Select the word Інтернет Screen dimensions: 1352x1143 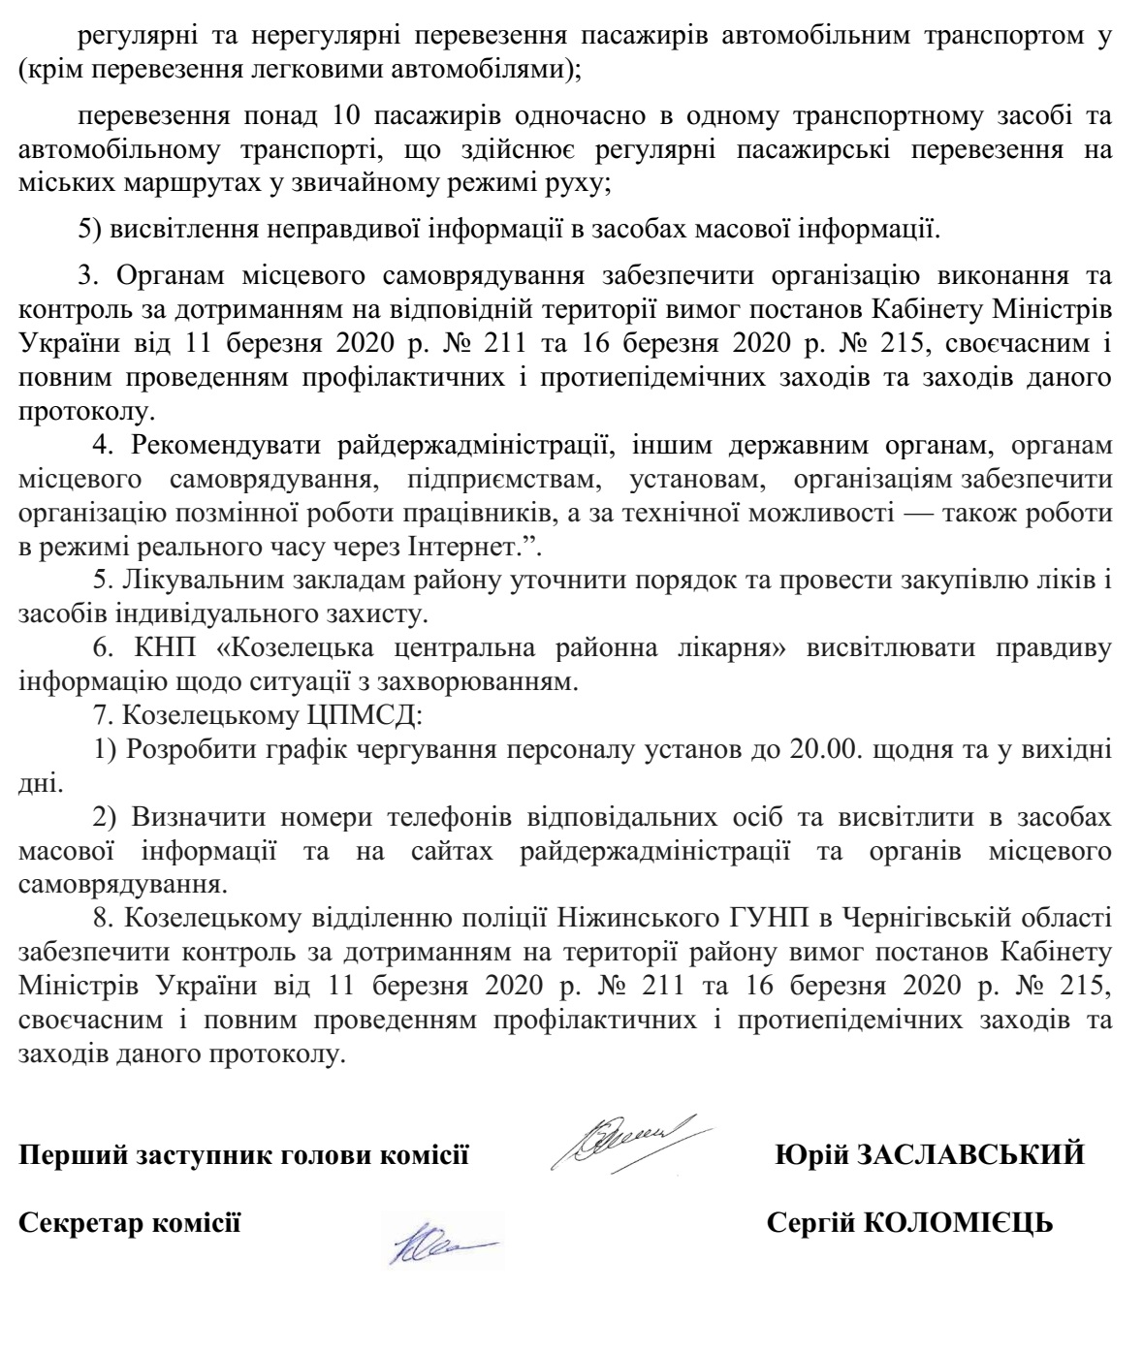(x=476, y=547)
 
